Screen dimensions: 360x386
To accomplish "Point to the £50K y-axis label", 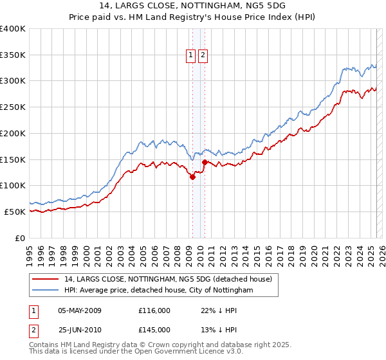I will point(15,212).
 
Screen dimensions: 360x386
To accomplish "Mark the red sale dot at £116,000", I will point(192,177).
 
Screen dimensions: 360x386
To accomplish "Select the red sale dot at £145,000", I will point(205,162).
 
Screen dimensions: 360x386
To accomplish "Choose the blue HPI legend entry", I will point(159,291).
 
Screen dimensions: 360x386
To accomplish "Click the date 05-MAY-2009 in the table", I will point(80,310).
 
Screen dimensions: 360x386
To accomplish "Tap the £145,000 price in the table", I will point(154,330).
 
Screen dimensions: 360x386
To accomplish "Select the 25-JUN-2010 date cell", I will point(80,330).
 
